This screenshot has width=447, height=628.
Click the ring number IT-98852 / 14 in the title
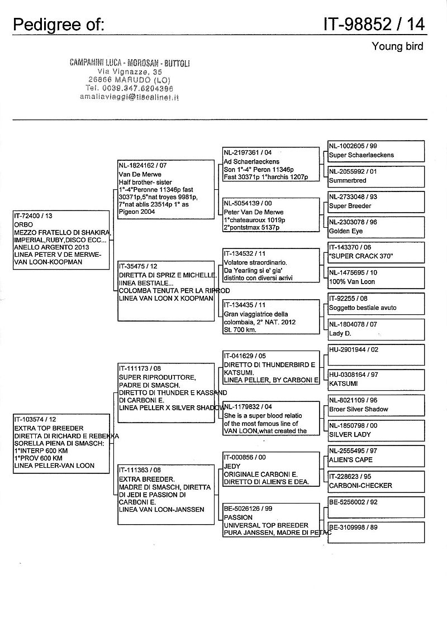click(373, 24)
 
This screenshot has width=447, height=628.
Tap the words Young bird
click(397, 46)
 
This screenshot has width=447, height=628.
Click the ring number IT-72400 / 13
click(33, 215)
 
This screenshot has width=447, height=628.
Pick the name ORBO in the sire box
click(24, 224)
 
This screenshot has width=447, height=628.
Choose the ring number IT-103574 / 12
click(35, 419)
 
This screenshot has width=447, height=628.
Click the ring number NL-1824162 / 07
click(143, 166)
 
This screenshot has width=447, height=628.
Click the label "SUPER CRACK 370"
click(361, 256)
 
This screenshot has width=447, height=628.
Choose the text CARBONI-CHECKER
click(360, 485)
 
